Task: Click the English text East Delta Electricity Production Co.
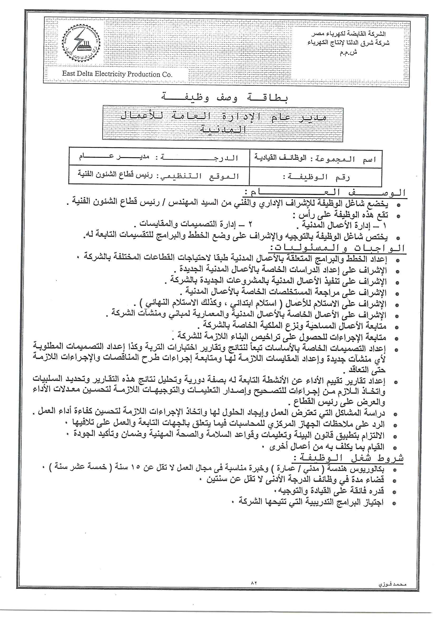[x=117, y=74]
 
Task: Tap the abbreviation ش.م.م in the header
[x=349, y=52]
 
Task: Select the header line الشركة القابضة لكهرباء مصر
[x=349, y=34]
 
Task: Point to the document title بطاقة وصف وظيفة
[x=225, y=98]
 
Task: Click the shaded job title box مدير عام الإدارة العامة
[x=222, y=124]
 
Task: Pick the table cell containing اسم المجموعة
[x=315, y=159]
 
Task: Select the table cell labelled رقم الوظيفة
[x=315, y=177]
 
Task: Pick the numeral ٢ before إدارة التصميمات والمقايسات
[x=250, y=224]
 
